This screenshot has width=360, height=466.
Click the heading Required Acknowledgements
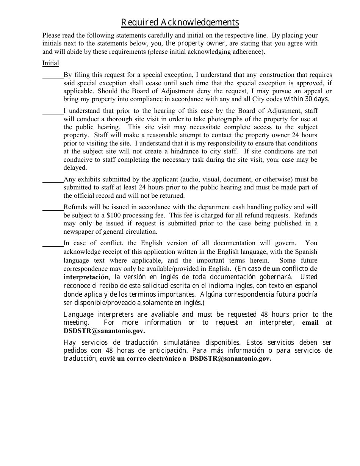tap(180, 23)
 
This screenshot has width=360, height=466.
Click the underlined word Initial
tap(50, 63)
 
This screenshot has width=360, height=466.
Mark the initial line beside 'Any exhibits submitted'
tap(53, 181)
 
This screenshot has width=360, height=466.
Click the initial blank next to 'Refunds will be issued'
tap(53, 208)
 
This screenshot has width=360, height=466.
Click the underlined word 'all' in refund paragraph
tap(239, 215)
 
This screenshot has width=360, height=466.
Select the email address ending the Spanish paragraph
tap(230, 359)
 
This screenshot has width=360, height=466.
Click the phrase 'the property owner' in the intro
tap(195, 43)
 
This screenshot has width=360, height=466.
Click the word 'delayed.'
tap(75, 167)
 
